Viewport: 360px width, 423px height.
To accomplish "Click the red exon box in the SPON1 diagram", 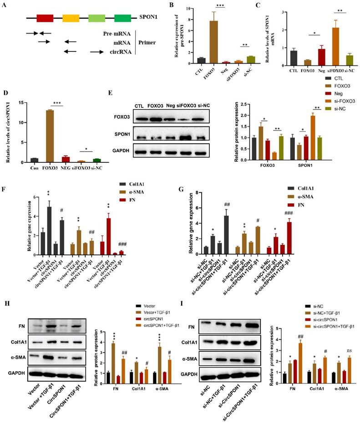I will click(x=45, y=18).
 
